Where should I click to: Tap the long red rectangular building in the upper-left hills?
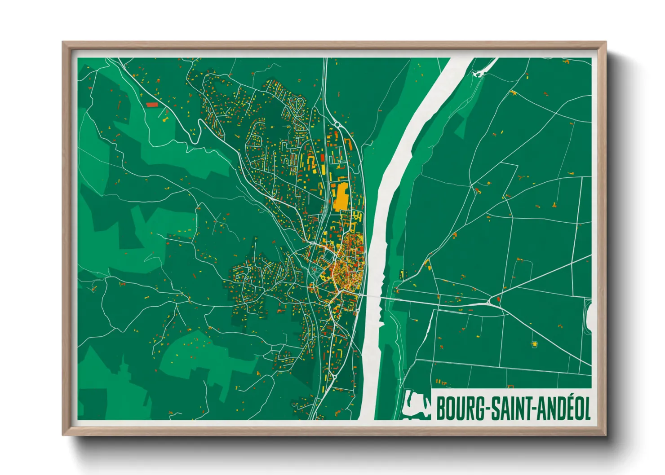click(x=152, y=105)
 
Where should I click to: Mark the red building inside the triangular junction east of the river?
click(x=498, y=299)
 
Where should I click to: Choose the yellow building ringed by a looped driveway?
click(x=534, y=344)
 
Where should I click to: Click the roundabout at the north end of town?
click(x=337, y=124)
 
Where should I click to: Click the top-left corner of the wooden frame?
click(x=63, y=43)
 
